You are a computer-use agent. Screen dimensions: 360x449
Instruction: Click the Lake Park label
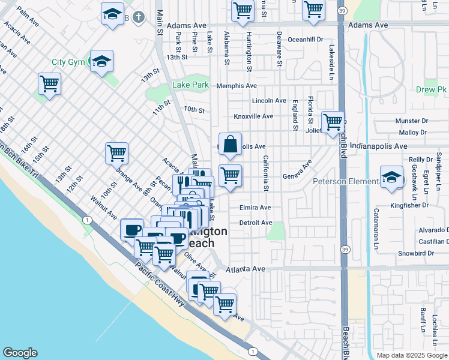tap(190, 85)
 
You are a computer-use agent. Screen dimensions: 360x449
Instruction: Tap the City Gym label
tap(67, 62)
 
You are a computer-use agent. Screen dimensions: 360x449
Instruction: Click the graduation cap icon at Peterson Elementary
tap(391, 177)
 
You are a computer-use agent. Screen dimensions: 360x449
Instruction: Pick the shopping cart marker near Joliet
tap(332, 122)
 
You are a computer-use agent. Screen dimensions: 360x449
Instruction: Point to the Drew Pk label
tap(431, 89)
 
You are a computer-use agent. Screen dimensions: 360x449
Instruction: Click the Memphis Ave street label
tap(237, 86)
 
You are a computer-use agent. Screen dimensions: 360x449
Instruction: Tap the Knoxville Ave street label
tap(253, 116)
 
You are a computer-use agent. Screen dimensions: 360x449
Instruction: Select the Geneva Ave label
tap(298, 171)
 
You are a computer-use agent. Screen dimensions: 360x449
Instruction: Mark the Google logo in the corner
tap(20, 353)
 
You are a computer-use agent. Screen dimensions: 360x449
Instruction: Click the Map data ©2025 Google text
tap(412, 355)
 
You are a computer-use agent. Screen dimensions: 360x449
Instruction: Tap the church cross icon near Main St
tap(138, 17)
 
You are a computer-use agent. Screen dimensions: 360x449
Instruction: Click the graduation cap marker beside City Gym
tap(101, 61)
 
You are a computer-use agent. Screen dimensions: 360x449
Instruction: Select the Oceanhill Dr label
tap(306, 39)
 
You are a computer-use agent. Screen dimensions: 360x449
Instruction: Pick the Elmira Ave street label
tap(256, 208)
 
